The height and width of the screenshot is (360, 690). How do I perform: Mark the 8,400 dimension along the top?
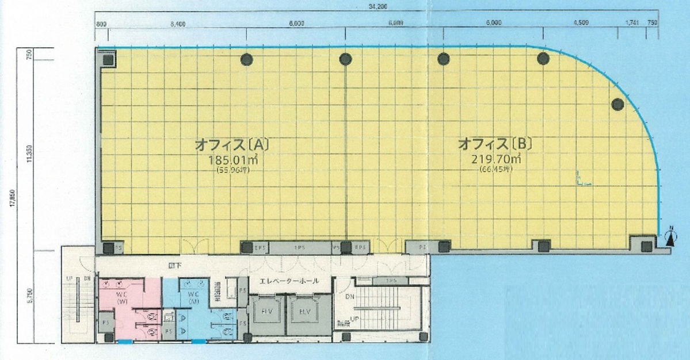click(x=178, y=24)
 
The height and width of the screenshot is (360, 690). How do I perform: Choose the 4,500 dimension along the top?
click(x=581, y=24)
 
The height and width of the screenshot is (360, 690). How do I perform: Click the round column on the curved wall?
click(x=617, y=104)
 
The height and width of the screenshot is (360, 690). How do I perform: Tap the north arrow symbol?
click(x=669, y=238)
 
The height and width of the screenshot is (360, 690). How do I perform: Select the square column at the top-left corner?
click(x=108, y=59)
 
